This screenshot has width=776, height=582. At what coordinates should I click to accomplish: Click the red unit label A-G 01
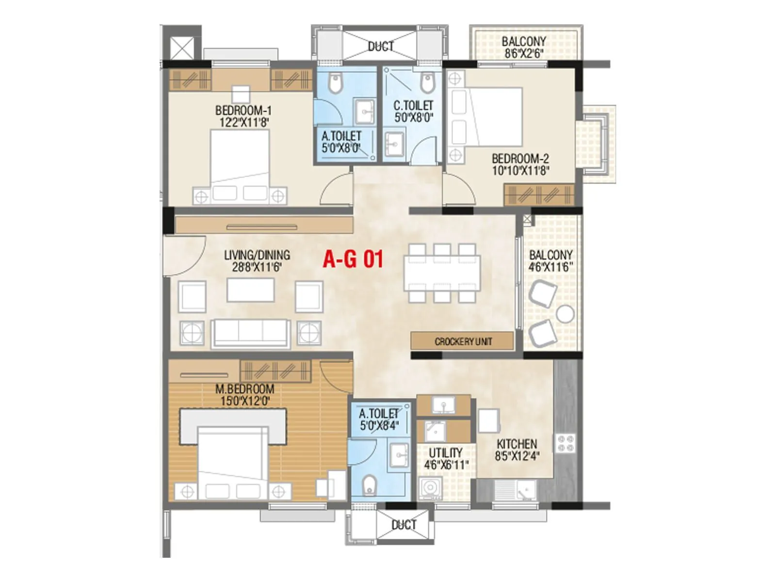click(353, 259)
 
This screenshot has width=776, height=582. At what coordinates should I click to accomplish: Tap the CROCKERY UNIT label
click(463, 341)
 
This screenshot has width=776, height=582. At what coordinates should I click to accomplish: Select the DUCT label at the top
click(381, 47)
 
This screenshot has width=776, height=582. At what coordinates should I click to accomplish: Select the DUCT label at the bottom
click(404, 525)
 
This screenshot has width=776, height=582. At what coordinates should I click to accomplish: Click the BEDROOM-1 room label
click(243, 111)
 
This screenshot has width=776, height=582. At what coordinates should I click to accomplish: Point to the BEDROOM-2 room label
click(520, 159)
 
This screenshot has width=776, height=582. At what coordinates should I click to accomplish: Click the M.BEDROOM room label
click(245, 389)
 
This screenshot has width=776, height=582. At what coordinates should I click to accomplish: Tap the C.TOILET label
click(414, 105)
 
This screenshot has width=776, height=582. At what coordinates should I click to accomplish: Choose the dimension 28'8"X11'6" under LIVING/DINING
click(257, 267)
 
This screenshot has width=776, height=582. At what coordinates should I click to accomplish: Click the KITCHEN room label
click(517, 444)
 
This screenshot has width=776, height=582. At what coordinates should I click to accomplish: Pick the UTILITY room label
click(446, 453)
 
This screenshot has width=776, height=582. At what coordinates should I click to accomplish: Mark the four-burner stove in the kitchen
click(565, 443)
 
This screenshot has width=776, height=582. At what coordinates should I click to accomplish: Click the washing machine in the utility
click(430, 488)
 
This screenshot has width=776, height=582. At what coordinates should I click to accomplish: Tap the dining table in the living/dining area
click(442, 273)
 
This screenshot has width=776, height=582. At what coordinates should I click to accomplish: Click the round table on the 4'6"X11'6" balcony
click(565, 314)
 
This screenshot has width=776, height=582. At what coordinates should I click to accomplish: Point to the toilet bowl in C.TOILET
click(427, 83)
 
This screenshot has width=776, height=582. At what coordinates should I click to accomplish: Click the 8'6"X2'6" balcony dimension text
click(523, 53)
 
